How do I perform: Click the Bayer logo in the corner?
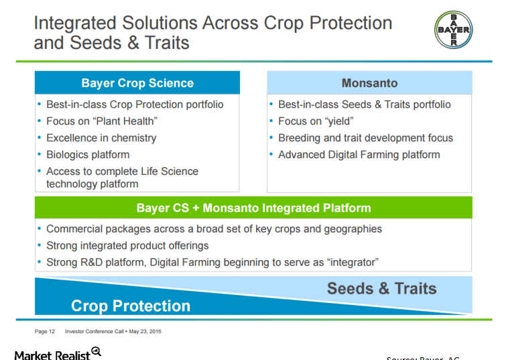point(453,30)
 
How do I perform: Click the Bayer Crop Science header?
point(137,83)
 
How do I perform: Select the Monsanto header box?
point(369,83)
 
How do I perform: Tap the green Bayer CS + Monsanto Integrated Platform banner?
point(253,208)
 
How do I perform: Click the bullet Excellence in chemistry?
point(101,138)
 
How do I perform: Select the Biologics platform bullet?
point(88,155)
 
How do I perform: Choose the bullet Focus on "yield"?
point(316,121)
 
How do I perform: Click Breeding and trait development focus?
point(365,138)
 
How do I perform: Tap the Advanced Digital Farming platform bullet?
point(359,155)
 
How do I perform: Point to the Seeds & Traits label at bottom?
point(381,289)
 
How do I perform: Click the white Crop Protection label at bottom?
point(131,306)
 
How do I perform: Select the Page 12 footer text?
point(45,331)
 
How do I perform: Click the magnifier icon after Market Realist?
point(97,351)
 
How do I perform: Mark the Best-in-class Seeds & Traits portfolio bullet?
point(365,105)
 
